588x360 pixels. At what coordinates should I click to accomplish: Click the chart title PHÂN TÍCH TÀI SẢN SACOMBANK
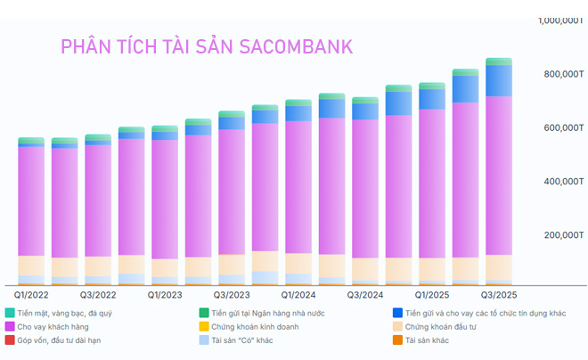click(206, 46)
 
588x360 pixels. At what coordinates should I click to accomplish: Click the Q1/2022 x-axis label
click(31, 292)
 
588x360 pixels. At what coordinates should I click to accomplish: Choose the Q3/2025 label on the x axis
click(498, 292)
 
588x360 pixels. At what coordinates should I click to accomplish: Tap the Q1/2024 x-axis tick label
click(298, 292)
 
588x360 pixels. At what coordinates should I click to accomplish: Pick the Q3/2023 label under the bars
click(232, 292)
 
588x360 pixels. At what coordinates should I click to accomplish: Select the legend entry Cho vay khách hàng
click(55, 326)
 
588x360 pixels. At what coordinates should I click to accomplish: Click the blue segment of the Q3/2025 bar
click(498, 80)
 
